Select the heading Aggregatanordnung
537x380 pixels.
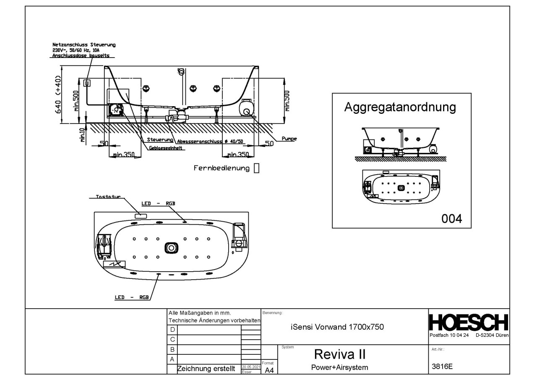tap(400, 107)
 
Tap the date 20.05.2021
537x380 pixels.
tap(251, 367)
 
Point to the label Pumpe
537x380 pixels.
tap(289, 139)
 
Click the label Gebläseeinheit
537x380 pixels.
tap(165, 148)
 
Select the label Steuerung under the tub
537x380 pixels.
tap(160, 140)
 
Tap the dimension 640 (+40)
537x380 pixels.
tap(58, 94)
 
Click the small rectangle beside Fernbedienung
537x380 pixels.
tap(256, 168)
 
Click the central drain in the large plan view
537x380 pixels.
tap(171, 248)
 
